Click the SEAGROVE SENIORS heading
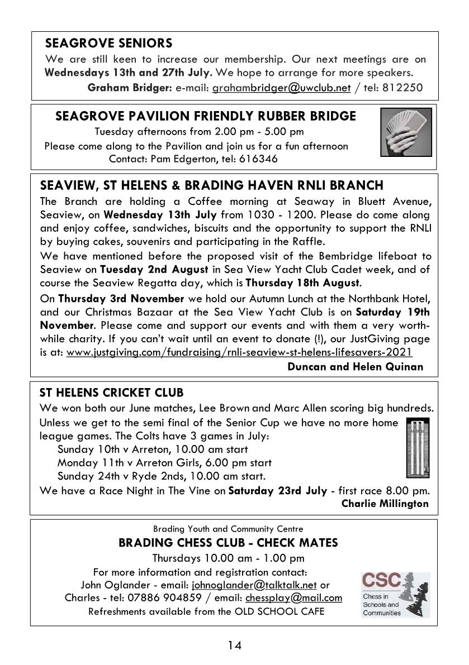point(108,44)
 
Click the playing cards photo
point(406,132)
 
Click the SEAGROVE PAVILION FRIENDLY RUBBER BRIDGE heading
point(206,116)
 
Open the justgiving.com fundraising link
point(239,352)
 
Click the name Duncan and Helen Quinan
point(355,366)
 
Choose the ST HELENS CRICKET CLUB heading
point(112,393)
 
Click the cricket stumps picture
point(418,447)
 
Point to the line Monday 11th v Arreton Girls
point(164,463)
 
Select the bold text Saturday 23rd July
point(278,491)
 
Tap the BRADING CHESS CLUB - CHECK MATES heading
point(228,543)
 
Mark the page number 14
point(234,645)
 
